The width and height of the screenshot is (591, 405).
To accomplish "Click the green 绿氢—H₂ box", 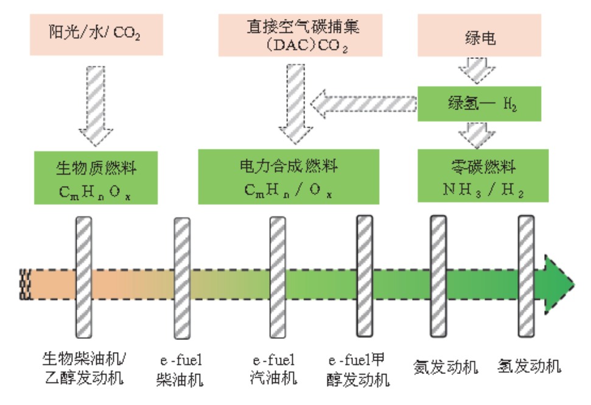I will (x=479, y=103).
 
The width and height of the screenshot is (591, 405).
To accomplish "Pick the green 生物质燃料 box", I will (x=97, y=178).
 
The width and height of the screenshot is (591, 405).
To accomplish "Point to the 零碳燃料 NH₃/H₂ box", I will (x=479, y=176).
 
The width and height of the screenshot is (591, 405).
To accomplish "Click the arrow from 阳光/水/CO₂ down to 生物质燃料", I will (x=96, y=103).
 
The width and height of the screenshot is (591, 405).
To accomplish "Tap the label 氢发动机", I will (x=529, y=367).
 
